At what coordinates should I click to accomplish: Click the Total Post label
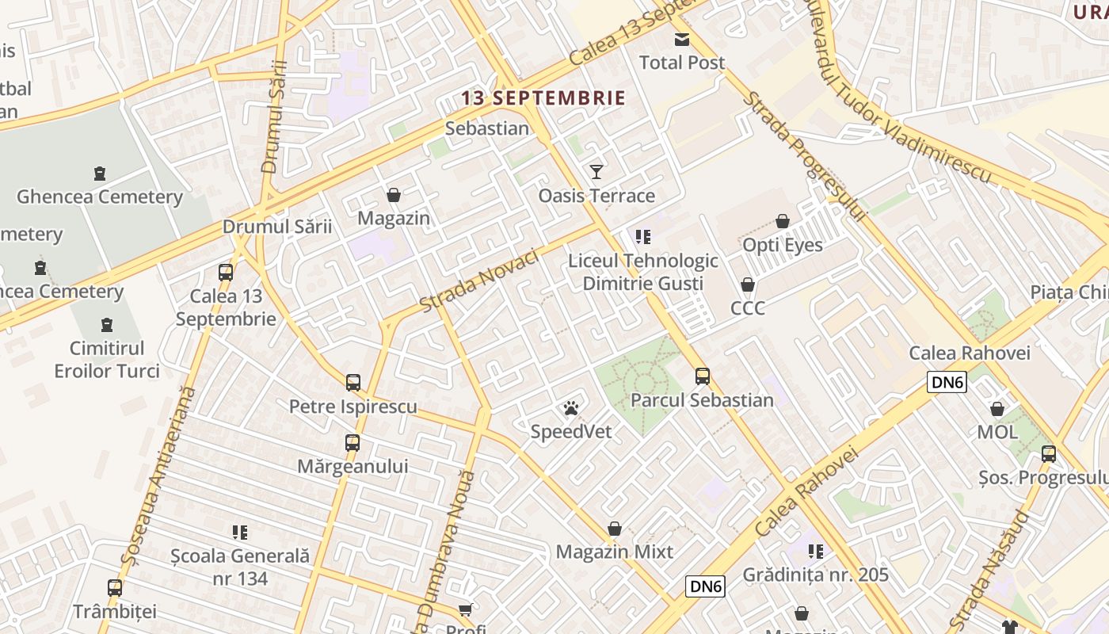(x=681, y=62)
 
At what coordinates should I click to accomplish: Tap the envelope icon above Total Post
(x=681, y=40)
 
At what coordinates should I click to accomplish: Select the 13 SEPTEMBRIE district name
(x=543, y=98)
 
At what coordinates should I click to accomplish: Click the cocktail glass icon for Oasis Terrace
(x=596, y=172)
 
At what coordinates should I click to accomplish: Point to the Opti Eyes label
(x=782, y=245)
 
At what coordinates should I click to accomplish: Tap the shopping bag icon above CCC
(x=747, y=285)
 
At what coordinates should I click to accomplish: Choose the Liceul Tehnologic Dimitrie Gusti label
(x=642, y=272)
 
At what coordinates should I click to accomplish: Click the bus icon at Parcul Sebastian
(x=702, y=376)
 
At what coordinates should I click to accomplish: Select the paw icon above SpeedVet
(x=571, y=409)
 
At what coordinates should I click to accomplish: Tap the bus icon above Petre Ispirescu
(x=353, y=383)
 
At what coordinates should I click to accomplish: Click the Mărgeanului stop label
(x=353, y=466)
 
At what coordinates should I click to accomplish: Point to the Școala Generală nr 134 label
(x=240, y=567)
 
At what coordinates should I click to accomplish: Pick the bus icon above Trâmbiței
(x=115, y=588)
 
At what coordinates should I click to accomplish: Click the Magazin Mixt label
(x=614, y=552)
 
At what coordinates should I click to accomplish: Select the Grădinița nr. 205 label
(x=815, y=575)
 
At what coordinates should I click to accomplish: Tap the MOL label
(x=997, y=432)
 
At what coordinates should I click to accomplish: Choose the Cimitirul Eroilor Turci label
(x=107, y=359)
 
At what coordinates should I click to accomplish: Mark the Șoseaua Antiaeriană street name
(x=158, y=475)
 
